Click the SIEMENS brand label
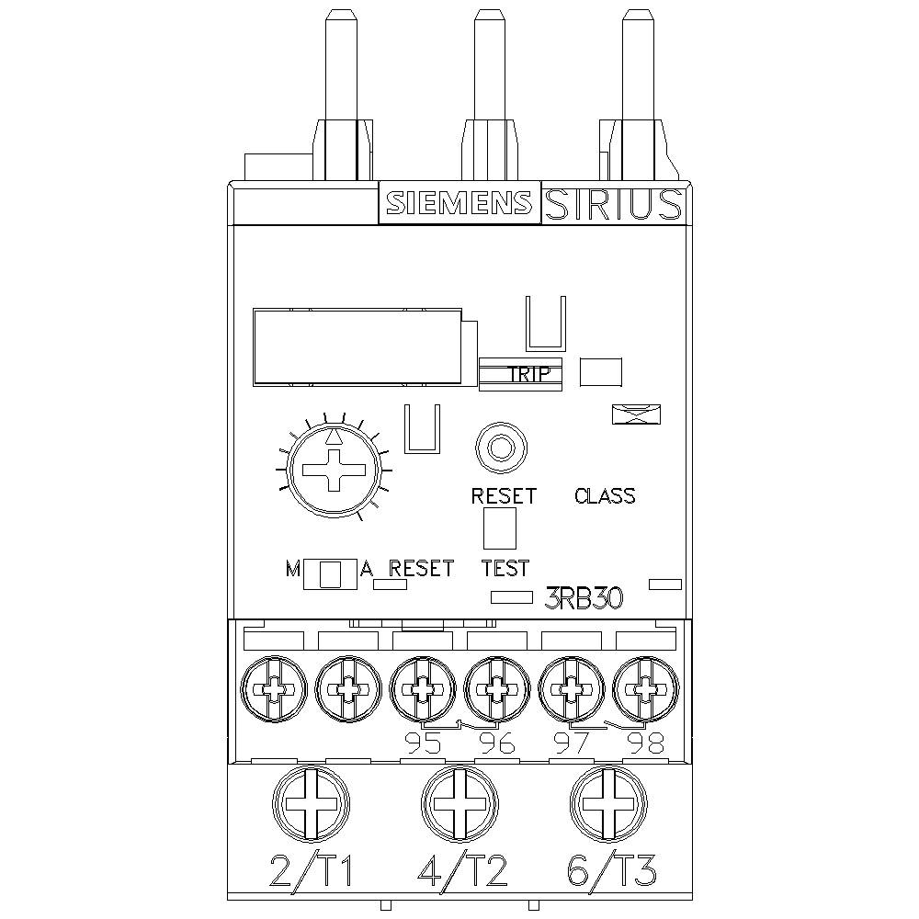click(458, 203)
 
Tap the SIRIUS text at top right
click(613, 204)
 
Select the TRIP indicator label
click(528, 374)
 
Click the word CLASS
click(605, 496)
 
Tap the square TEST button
click(500, 528)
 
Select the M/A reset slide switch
click(330, 573)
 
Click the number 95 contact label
click(422, 743)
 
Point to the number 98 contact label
click(645, 743)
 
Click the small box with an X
click(638, 414)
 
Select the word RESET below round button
click(503, 496)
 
